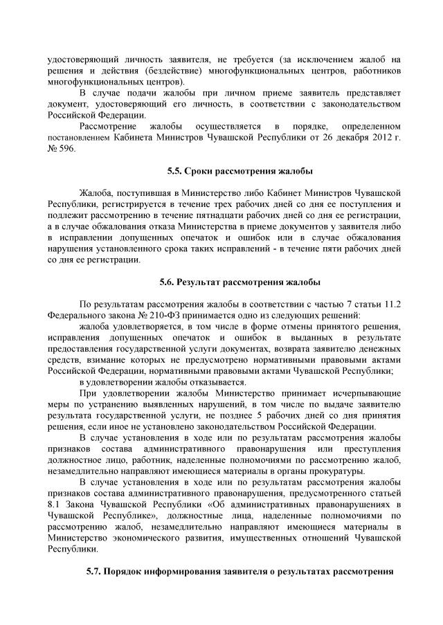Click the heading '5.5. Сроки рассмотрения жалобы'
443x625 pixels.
pos(240,171)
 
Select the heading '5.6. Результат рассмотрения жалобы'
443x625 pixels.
pos(240,282)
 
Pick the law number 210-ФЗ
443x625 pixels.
pos(156,314)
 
